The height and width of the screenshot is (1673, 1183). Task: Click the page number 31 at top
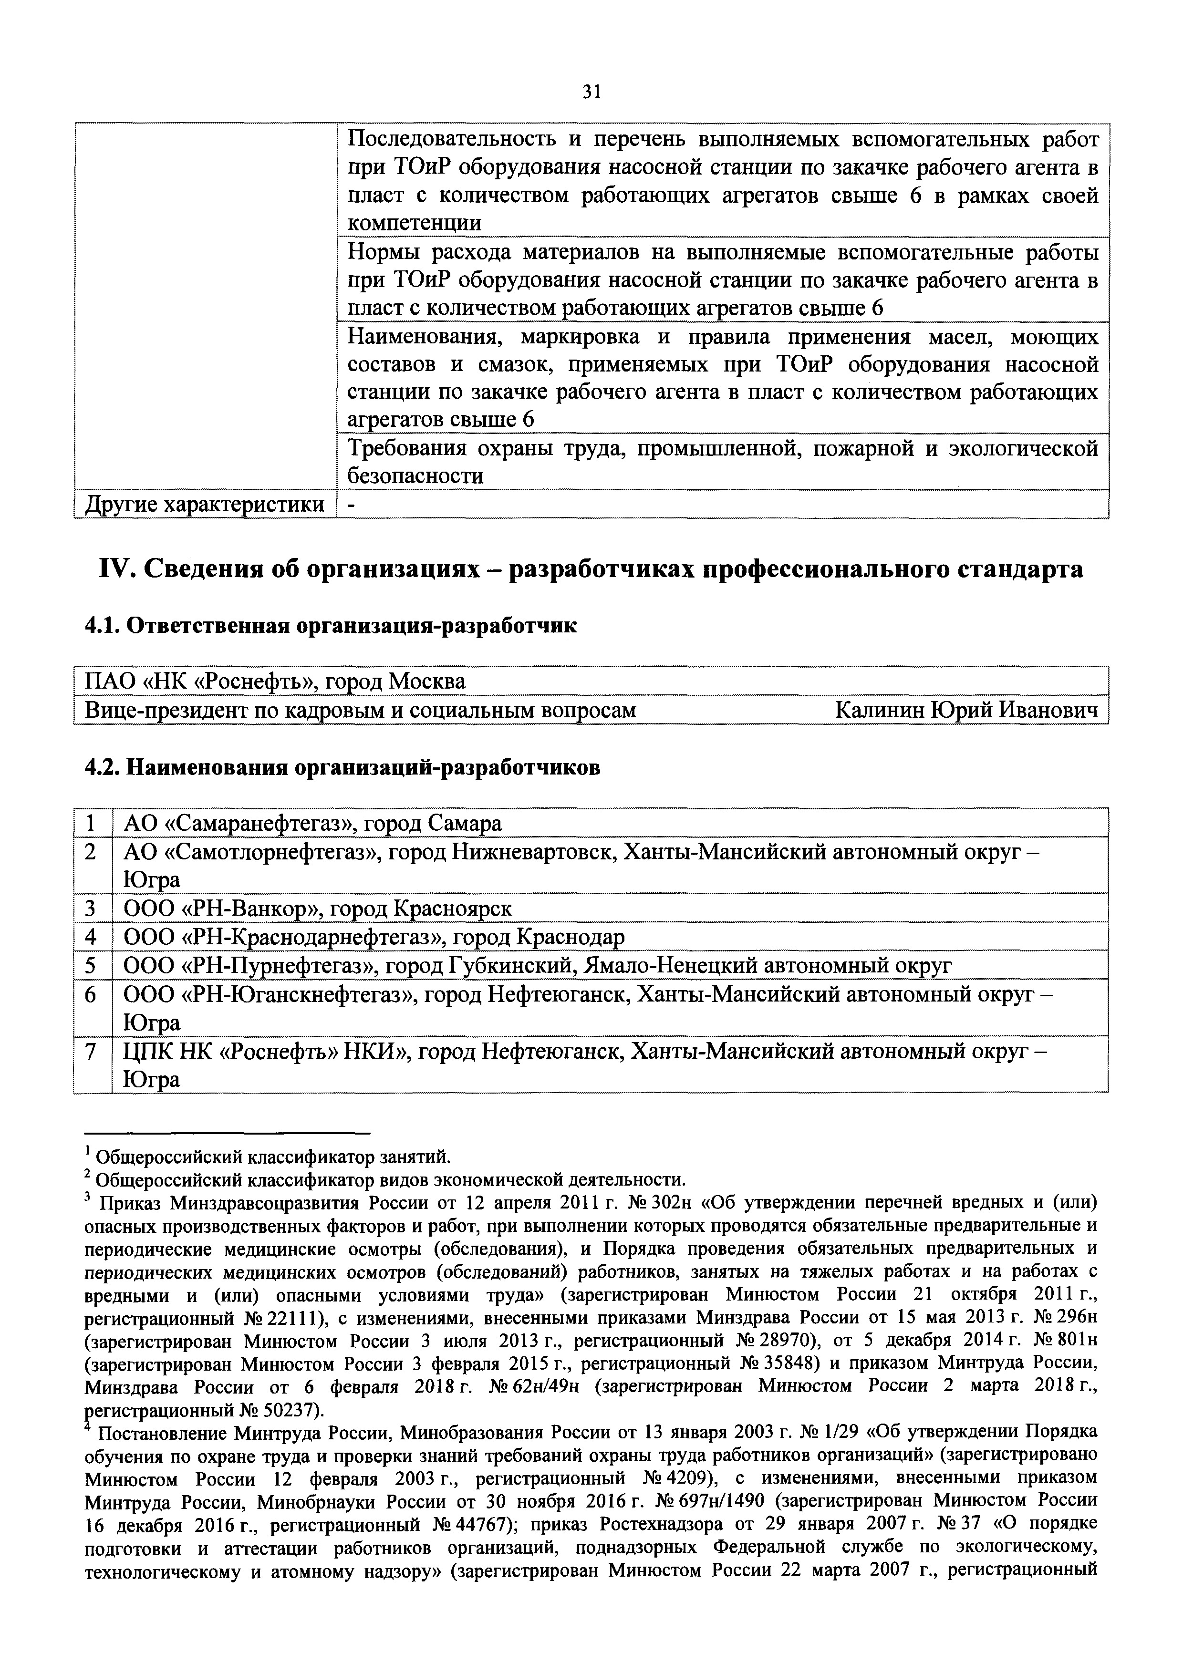pyautogui.click(x=591, y=92)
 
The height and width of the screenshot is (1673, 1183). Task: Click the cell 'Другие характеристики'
pyautogui.click(x=205, y=504)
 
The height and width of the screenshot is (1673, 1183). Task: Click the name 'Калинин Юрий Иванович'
pyautogui.click(x=966, y=709)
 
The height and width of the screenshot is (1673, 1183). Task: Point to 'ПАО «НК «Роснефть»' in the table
pyautogui.click(x=199, y=682)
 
